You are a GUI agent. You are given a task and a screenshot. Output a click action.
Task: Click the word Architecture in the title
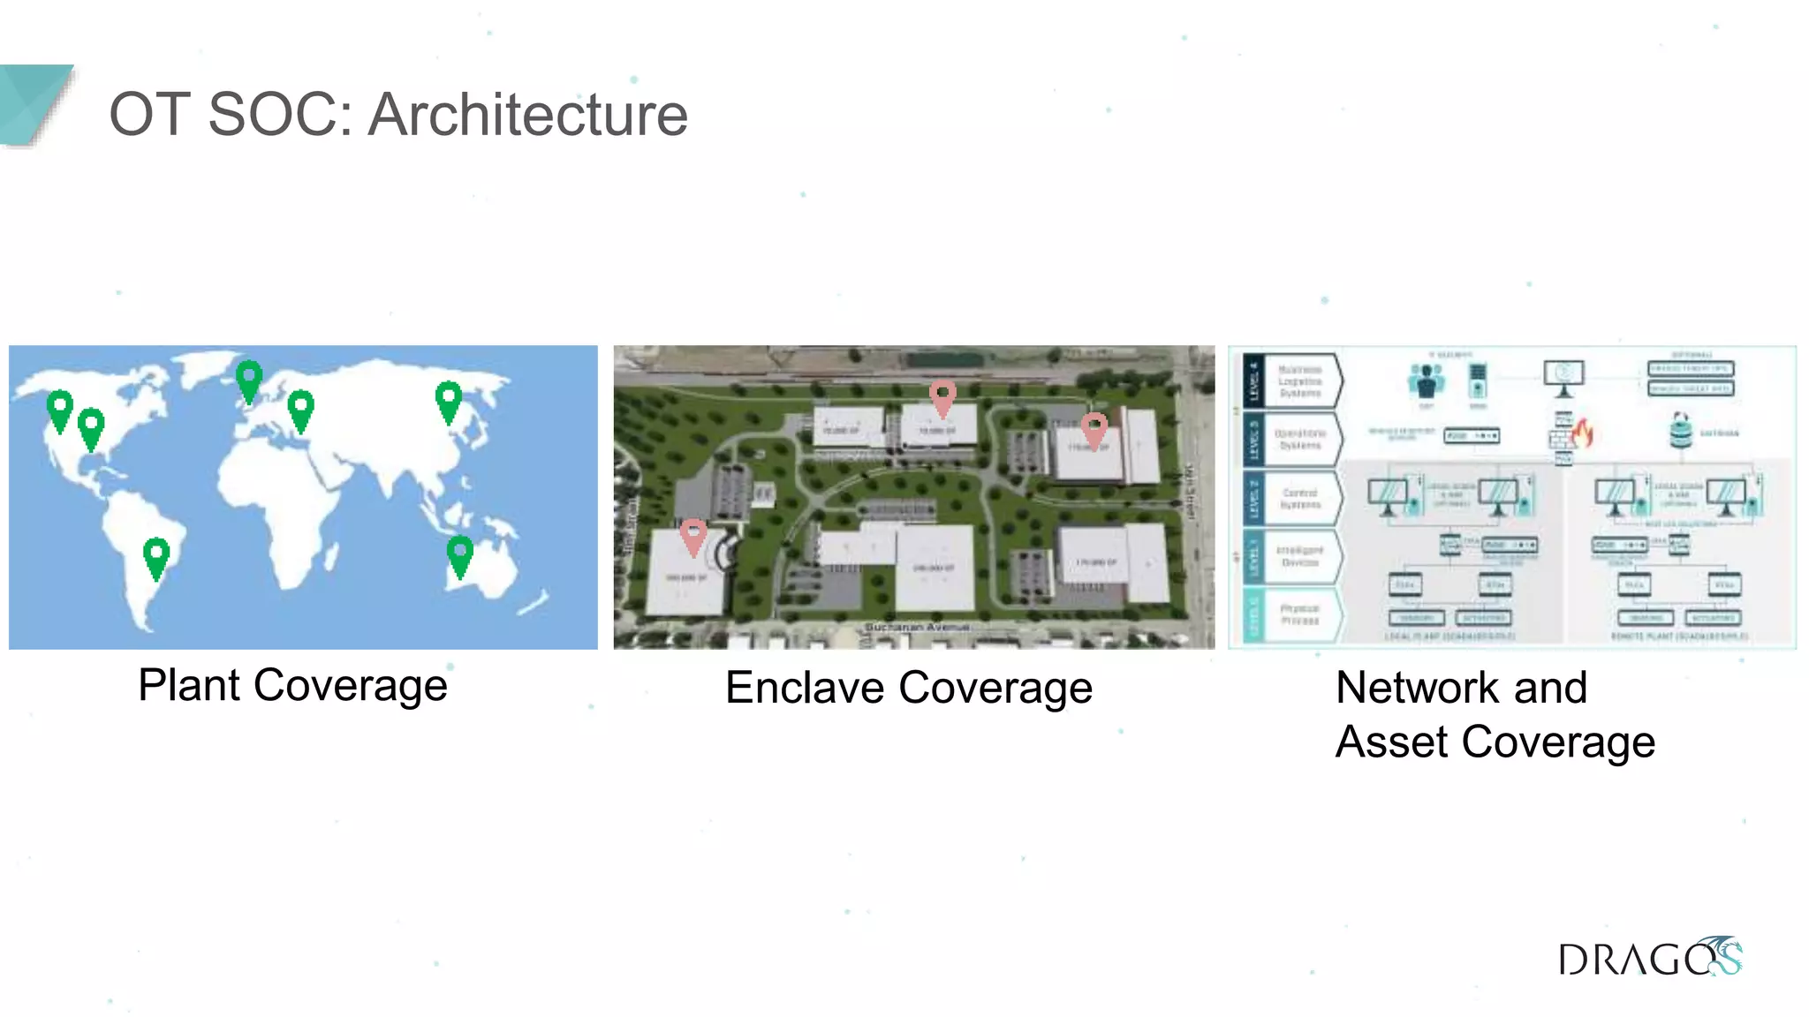tap(527, 115)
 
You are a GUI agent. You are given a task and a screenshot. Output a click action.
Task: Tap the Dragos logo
tap(1648, 958)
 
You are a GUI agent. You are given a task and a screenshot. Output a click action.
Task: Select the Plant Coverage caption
tap(292, 686)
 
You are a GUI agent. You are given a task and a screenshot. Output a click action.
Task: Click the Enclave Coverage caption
tap(908, 689)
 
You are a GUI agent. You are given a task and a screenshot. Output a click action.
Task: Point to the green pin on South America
tap(156, 557)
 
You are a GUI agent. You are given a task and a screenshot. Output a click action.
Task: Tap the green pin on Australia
tap(459, 555)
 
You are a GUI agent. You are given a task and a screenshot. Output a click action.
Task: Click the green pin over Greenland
tap(249, 380)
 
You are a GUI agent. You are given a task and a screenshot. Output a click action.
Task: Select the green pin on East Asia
tap(449, 401)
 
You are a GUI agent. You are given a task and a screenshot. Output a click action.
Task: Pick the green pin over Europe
tap(300, 409)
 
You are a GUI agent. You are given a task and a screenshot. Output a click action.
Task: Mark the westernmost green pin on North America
tap(59, 410)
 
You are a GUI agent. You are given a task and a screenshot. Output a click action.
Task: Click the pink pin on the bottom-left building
tap(693, 536)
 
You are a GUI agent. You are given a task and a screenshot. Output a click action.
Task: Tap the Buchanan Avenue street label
tap(916, 627)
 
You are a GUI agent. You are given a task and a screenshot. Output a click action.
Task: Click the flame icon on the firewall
tap(1582, 433)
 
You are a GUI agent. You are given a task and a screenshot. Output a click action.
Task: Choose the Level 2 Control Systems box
tap(1299, 499)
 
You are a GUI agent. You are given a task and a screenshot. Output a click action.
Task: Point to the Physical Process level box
tap(1299, 615)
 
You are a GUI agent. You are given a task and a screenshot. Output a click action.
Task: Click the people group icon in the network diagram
tap(1426, 381)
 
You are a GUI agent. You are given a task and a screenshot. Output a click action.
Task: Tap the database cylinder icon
tap(1680, 431)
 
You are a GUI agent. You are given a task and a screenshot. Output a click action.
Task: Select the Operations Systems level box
tap(1299, 440)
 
